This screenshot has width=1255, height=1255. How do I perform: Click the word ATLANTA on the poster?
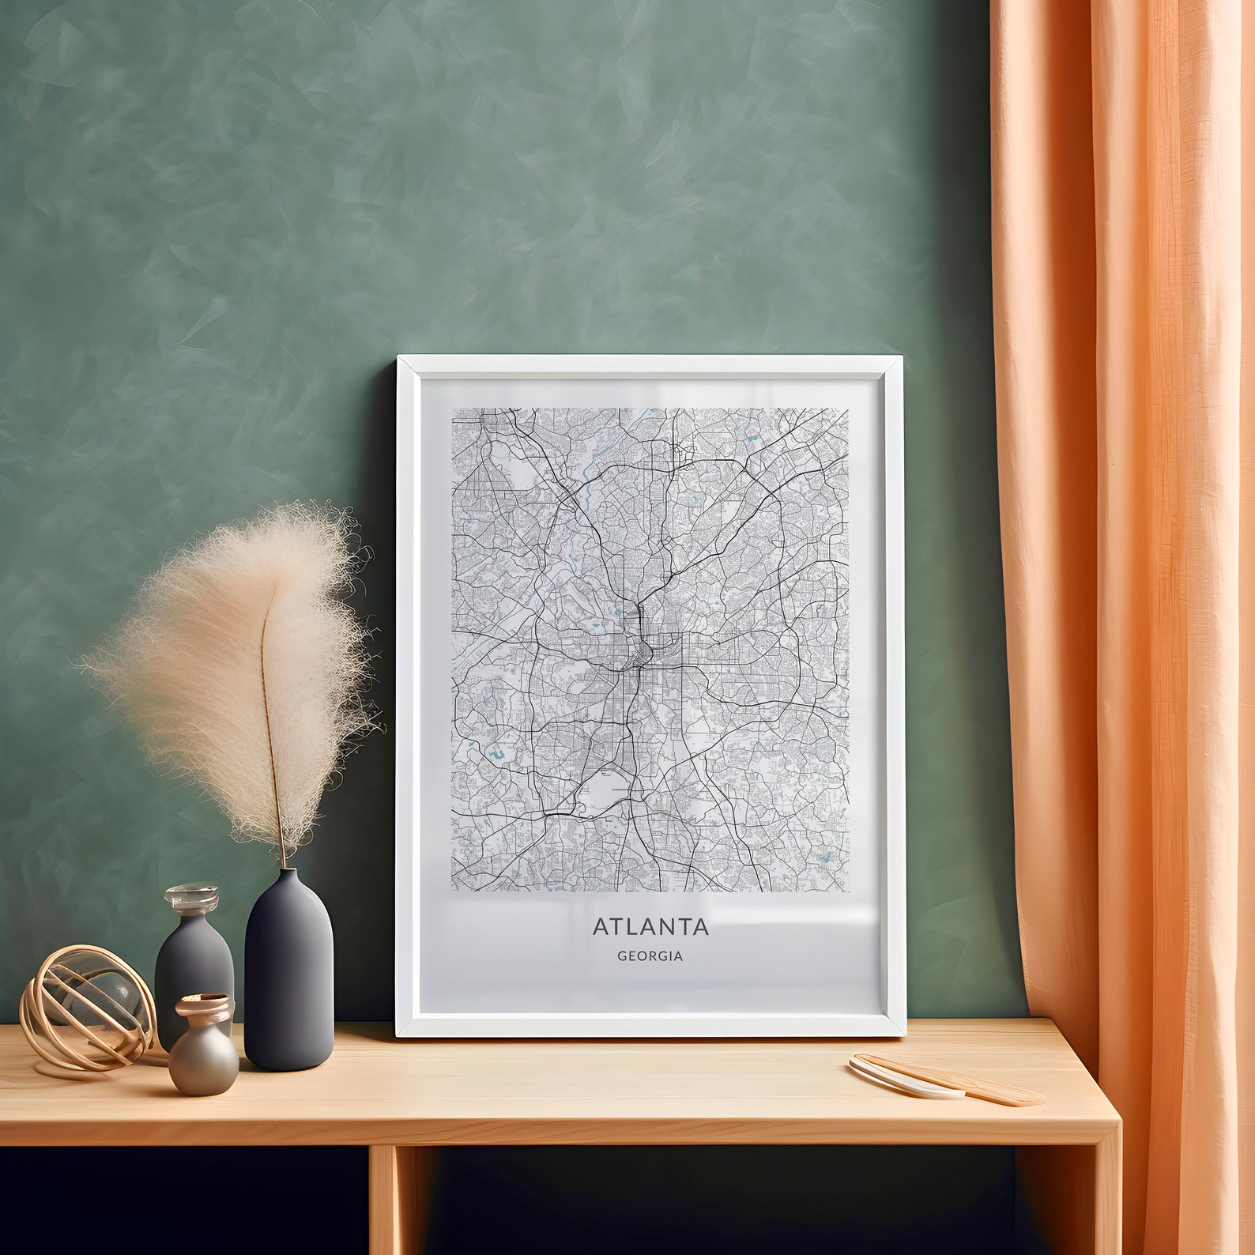650,925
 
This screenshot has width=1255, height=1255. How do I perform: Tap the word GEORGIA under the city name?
650,955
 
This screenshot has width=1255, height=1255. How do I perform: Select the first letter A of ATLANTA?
600,925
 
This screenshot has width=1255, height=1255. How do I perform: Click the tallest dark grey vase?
289,972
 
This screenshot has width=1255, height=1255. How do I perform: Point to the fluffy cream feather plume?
237,672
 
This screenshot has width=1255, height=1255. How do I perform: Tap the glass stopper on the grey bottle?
190,899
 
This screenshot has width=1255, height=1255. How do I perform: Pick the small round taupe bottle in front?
204,1059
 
